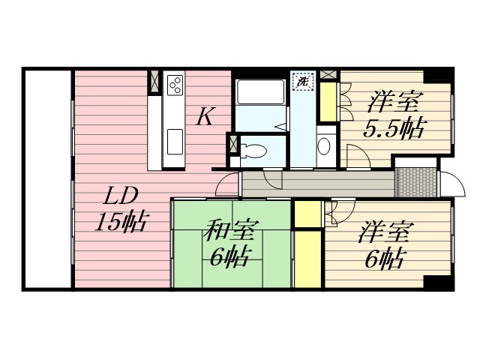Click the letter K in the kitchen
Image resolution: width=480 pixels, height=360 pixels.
point(207,116)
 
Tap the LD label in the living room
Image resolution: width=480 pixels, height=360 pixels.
point(120,197)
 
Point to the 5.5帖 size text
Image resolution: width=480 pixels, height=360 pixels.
point(394,127)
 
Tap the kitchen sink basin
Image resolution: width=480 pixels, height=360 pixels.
point(175,139)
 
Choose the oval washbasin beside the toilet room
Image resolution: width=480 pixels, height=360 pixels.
point(324,145)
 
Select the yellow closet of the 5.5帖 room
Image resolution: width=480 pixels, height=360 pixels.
point(328,101)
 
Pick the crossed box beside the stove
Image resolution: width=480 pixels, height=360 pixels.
point(154,82)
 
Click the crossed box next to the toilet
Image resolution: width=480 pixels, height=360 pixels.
point(232,143)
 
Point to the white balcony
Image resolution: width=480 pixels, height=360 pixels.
point(47,178)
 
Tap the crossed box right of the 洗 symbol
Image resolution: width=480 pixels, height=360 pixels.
point(328,75)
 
